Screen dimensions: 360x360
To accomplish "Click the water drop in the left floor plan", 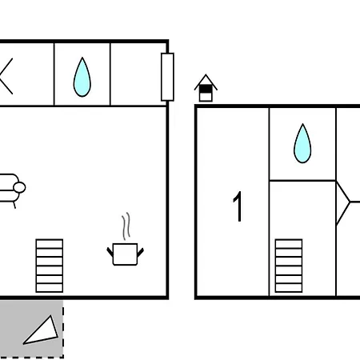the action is click(x=82, y=78).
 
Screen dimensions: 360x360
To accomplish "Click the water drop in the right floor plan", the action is click(x=302, y=143).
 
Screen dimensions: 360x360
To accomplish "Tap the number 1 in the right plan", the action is click(x=238, y=206).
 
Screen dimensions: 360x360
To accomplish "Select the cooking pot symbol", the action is click(x=126, y=254).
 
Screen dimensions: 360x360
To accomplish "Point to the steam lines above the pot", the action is click(x=126, y=226).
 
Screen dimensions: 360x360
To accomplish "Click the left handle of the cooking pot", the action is click(x=110, y=252).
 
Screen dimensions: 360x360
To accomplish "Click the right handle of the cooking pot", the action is click(x=141, y=252).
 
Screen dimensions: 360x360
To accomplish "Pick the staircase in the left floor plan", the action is click(x=50, y=266).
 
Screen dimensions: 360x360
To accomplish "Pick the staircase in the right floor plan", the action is click(x=289, y=266).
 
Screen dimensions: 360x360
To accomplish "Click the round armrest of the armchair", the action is click(x=19, y=187).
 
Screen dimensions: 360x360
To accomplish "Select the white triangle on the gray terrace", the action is click(x=42, y=331).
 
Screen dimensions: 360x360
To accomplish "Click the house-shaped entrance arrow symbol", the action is click(x=206, y=88).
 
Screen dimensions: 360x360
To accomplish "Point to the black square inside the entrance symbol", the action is click(x=206, y=89).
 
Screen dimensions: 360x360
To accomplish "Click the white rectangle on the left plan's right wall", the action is click(x=167, y=77).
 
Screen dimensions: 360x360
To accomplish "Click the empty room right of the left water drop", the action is click(x=138, y=74).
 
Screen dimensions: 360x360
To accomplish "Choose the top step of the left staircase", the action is click(x=50, y=243).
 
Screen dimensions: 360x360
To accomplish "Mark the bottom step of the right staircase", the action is click(x=289, y=288).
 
